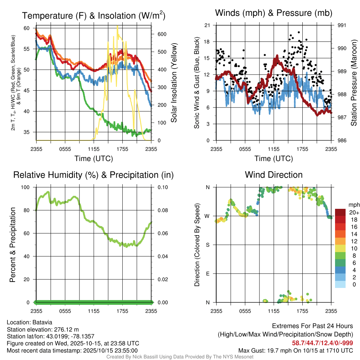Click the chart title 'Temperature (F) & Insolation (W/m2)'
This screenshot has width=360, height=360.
pos(94,15)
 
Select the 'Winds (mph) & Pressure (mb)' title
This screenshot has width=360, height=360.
pos(274,13)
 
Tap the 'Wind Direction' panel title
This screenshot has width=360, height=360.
pos(274,175)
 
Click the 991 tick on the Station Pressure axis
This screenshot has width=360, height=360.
pos(342,25)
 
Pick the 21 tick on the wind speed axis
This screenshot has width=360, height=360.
pos(207,25)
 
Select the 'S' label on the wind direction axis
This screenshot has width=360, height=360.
pos(207,245)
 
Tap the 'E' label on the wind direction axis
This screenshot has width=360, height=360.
pos(207,274)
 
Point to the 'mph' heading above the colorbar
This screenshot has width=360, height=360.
pos(354,205)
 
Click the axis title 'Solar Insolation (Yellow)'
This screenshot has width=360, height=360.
pos(174,83)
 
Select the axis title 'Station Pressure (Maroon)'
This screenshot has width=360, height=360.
pos(354,83)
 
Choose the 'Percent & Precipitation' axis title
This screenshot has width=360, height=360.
pos(13,245)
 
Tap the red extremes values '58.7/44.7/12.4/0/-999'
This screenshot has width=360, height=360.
pos(322,343)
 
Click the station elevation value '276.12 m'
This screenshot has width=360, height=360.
pos(66,329)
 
